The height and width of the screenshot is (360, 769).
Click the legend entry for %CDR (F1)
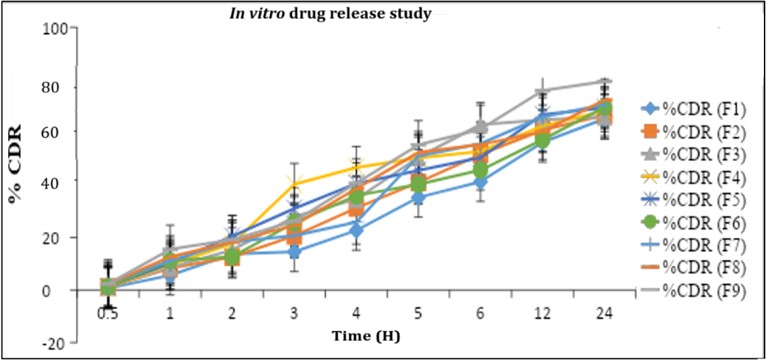(698, 110)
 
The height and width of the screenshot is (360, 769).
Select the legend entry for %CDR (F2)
(698, 131)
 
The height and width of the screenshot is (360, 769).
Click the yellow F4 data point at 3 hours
(294, 183)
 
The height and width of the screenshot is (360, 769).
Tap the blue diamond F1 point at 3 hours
(294, 252)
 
